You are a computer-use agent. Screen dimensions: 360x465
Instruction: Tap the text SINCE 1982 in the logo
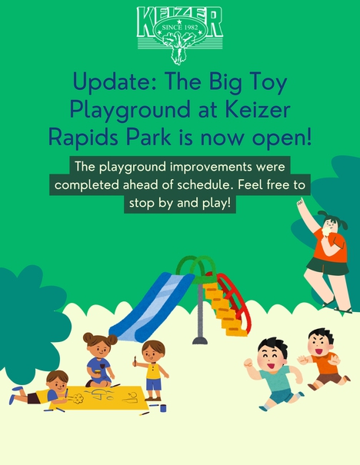point(180,27)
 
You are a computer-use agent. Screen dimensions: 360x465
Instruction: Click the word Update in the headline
point(114,82)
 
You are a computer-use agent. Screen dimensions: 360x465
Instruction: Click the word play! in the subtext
point(217,203)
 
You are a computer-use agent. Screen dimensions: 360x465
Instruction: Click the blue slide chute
point(153,307)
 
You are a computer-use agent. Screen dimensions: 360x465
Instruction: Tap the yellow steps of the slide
point(225,309)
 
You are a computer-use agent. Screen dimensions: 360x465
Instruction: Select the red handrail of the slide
point(235,300)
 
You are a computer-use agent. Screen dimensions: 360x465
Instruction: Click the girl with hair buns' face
point(100,349)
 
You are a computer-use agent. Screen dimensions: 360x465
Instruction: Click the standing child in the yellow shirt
point(152,370)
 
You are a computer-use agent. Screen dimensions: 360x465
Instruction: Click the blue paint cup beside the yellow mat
point(163,408)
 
